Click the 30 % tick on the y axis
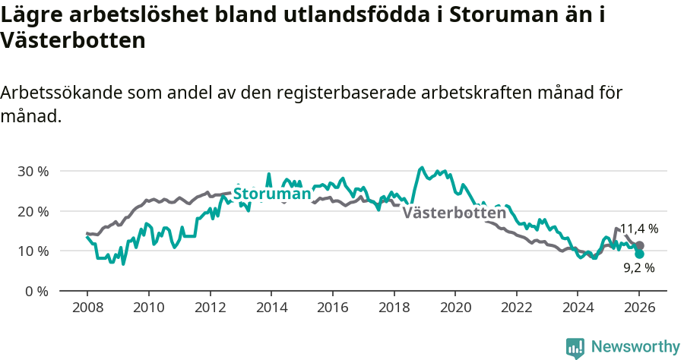(33, 172)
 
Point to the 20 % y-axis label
(33, 211)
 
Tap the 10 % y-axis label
(33, 251)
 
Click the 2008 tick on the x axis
(87, 308)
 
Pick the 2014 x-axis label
(271, 308)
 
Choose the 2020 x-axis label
(454, 308)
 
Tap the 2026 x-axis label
(639, 308)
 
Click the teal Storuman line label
(272, 194)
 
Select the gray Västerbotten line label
(454, 213)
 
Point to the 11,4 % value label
(638, 229)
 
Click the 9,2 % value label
(639, 267)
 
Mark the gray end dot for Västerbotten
(639, 246)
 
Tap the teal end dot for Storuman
(639, 254)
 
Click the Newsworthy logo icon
(575, 347)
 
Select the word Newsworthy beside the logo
(635, 347)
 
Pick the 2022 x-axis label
(516, 308)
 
